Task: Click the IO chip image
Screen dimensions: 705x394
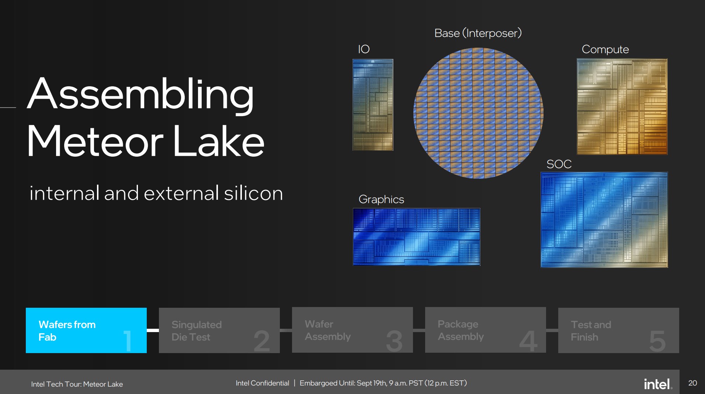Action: [373, 105]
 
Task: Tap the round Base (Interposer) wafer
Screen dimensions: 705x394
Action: [478, 113]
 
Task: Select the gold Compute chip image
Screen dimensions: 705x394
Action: [622, 107]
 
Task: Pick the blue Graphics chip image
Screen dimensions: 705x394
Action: [417, 237]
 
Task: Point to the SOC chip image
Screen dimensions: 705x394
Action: [604, 220]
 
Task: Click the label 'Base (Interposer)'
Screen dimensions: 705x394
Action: [478, 33]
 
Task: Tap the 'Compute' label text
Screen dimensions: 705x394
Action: [605, 49]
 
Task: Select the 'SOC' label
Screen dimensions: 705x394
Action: [559, 164]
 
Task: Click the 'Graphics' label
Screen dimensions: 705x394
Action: [381, 199]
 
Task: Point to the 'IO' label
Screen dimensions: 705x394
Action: [364, 49]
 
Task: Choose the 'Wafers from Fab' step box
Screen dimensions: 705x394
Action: [86, 330]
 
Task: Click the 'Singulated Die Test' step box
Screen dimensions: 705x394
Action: [219, 330]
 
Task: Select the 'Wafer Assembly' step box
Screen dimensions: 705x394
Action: [352, 330]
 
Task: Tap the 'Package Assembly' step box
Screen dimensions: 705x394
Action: [486, 330]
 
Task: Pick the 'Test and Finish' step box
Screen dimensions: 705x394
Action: [619, 330]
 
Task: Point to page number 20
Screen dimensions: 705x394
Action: [692, 383]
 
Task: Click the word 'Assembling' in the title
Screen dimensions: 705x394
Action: [140, 95]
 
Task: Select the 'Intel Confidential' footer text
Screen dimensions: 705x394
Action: [262, 383]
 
